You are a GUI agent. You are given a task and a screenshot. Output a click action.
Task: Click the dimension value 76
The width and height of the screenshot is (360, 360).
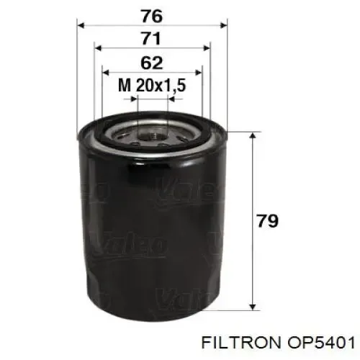point(152,17)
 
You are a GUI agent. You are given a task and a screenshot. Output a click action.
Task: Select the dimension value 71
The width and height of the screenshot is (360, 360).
point(151,39)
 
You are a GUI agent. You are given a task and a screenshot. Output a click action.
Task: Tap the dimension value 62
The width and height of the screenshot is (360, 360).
point(152,63)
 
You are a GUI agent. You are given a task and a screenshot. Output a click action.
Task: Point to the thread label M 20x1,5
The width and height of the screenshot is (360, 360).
point(152,86)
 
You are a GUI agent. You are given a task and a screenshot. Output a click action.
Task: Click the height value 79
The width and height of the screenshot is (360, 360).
point(267,220)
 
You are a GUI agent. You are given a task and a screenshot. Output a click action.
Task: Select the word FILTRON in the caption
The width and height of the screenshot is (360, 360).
point(240,343)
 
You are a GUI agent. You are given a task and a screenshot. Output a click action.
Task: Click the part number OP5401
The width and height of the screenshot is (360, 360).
point(321,343)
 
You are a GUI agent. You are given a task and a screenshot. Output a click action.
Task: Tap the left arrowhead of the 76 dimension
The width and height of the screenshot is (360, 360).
point(81,25)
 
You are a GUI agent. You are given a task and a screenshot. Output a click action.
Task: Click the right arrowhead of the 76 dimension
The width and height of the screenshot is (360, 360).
point(223,25)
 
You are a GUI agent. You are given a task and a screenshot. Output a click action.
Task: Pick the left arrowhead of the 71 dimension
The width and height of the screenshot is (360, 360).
point(98,48)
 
